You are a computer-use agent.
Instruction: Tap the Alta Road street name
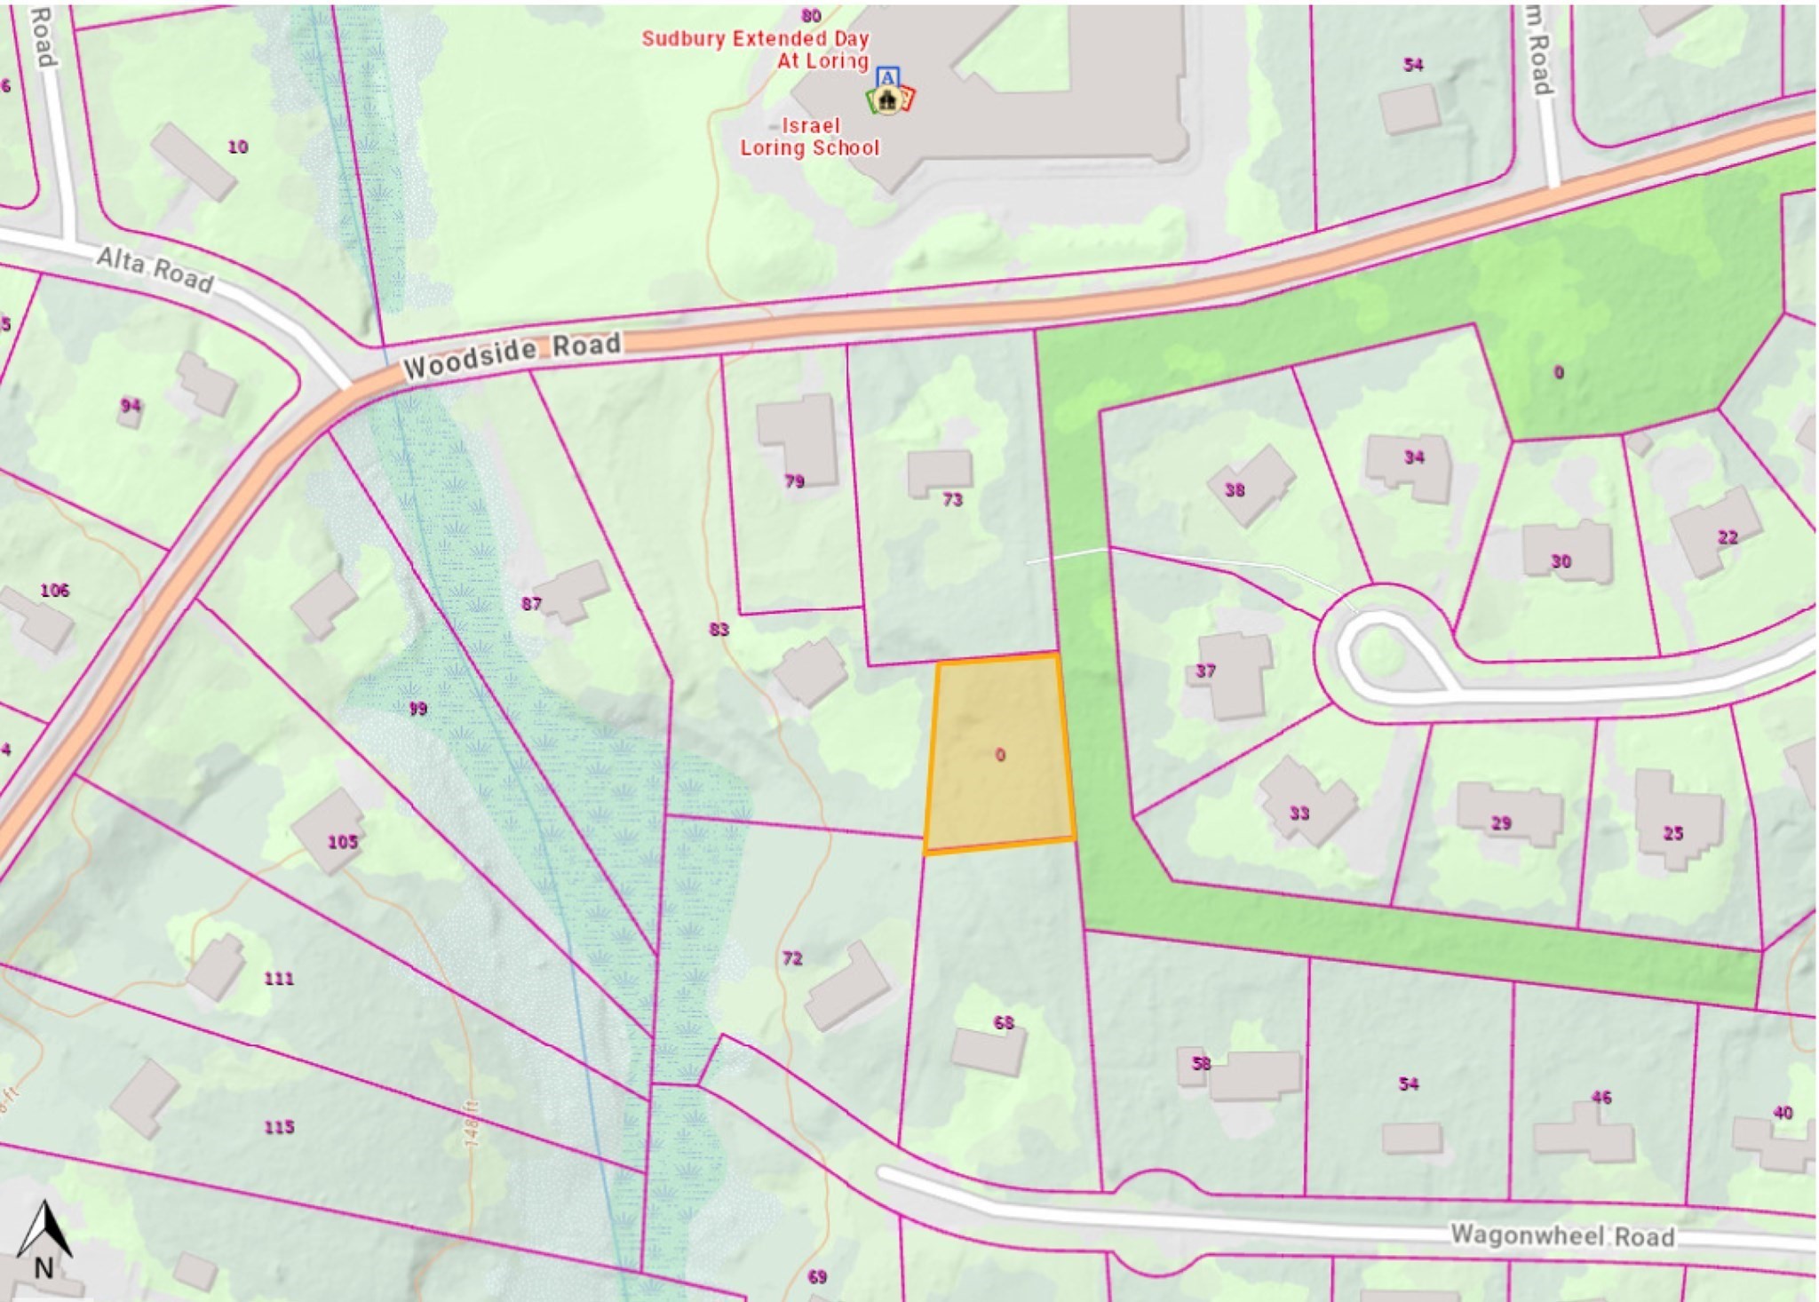(155, 269)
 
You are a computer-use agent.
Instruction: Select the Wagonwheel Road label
(1562, 1235)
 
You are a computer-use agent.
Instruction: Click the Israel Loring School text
(809, 137)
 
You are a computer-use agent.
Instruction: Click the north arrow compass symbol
(44, 1240)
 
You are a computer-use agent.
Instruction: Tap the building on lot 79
(797, 438)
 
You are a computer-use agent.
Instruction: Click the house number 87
(531, 604)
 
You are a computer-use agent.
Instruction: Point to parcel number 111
(279, 978)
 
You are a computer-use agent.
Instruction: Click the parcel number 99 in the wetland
(417, 708)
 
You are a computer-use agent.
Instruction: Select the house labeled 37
(1233, 673)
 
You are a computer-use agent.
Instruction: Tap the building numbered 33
(1306, 800)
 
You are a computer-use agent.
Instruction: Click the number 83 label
(719, 629)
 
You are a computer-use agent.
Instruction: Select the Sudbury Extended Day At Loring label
(756, 50)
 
